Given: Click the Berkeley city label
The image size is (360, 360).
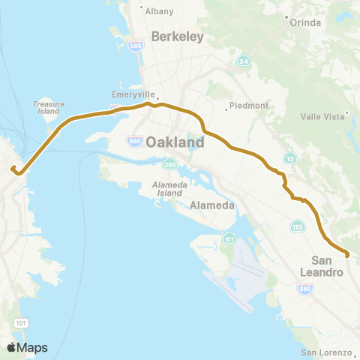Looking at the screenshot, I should tap(177, 36).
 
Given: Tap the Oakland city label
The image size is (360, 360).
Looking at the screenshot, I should tap(174, 142).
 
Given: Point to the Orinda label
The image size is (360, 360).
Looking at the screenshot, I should tap(306, 22).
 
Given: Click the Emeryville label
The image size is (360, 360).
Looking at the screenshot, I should tap(133, 95).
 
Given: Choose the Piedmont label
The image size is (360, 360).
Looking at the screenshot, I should tap(249, 106).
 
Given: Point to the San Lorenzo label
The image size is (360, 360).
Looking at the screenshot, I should tap(326, 352).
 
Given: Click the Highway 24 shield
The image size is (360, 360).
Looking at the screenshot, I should tap(243, 60).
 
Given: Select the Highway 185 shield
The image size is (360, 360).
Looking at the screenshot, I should tap(297, 226).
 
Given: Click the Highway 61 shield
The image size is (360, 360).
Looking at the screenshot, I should tap(227, 238).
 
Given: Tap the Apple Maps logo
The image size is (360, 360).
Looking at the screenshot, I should tap(27, 347).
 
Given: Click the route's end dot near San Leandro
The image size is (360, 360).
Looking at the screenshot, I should tap(348, 255).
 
